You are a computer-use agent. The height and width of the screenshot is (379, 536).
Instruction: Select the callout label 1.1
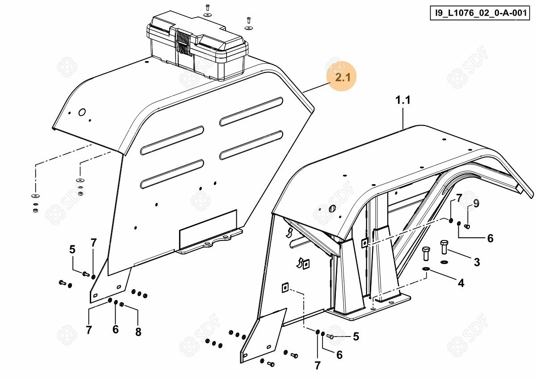(x=402, y=101)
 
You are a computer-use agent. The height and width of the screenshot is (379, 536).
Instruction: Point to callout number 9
(x=476, y=204)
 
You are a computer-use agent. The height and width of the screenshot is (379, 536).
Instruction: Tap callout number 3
(x=477, y=262)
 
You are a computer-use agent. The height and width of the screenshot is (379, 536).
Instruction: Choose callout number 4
(x=461, y=282)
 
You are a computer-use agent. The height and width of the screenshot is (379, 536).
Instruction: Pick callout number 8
(x=138, y=332)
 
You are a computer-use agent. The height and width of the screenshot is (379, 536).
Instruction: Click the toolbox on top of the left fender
(x=197, y=46)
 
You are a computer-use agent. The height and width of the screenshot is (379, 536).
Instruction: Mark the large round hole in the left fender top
(x=82, y=112)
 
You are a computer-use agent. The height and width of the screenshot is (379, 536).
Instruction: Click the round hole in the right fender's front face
(x=332, y=209)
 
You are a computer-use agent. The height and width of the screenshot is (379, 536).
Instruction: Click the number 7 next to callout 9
(x=459, y=199)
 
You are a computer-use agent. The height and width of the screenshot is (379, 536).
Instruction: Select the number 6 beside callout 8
(x=116, y=330)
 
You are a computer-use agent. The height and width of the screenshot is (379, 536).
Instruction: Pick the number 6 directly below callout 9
(x=490, y=239)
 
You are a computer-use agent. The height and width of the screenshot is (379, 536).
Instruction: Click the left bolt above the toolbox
(x=208, y=8)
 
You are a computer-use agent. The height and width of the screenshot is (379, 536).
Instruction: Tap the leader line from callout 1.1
(x=403, y=118)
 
